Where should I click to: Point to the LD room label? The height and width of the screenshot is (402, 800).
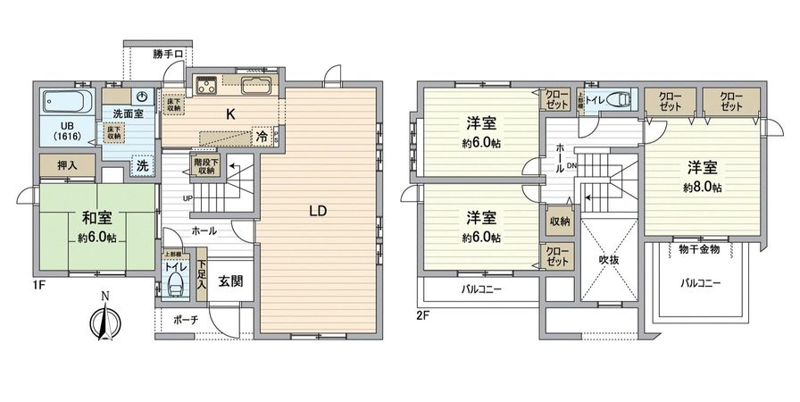318,212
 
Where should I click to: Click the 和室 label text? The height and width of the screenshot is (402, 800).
96,217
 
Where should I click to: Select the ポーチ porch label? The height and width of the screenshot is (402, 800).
187,319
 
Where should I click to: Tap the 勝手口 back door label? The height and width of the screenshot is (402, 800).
168,54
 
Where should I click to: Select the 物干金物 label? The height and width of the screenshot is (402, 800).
700,249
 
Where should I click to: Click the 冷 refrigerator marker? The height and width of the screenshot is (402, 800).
261,138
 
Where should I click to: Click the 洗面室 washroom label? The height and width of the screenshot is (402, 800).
129,113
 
